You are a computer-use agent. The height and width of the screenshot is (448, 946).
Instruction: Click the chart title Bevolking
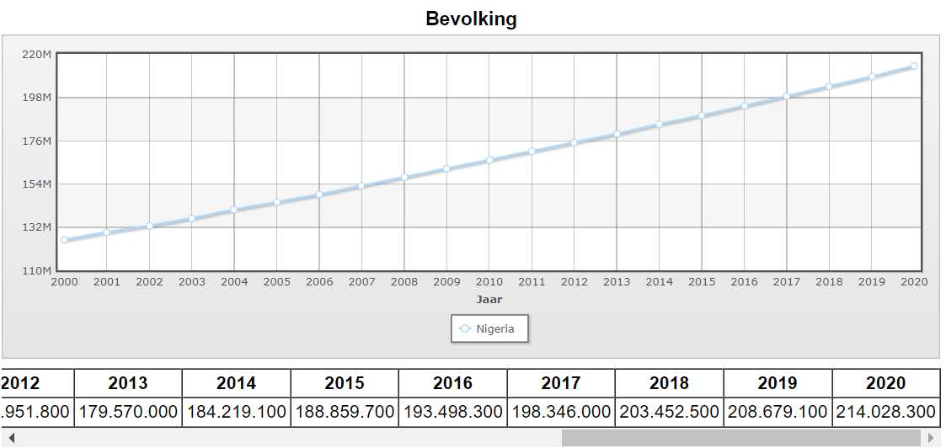pos(471,19)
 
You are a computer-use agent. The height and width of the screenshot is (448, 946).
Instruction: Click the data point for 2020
pos(914,66)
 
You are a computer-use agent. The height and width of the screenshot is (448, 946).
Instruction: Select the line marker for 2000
pos(64,240)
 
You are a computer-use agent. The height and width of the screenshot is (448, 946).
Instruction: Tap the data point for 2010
pos(489,160)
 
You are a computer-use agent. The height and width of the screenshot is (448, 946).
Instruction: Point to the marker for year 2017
pos(787,96)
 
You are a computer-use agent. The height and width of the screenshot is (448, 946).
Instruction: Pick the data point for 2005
pos(276,202)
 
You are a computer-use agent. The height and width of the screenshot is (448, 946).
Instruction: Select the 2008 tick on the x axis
pos(404,282)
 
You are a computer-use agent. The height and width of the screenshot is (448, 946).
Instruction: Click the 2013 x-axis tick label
pos(617,282)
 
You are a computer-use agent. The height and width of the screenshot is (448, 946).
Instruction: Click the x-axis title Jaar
pos(489,299)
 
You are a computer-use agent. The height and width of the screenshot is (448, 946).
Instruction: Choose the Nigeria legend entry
pos(489,328)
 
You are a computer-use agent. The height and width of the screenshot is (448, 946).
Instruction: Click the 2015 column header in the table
pos(345,383)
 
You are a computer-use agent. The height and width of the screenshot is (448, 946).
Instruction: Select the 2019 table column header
pos(778,383)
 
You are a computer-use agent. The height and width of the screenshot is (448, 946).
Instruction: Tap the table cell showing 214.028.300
pos(885,413)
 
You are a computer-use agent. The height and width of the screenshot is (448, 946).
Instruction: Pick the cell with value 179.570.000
pos(128,413)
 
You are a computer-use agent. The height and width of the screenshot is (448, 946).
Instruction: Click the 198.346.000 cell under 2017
pos(561,413)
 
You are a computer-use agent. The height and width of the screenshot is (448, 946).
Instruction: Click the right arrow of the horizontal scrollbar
pos(931,438)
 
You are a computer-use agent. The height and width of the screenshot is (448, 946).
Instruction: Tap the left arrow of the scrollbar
pos(10,438)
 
